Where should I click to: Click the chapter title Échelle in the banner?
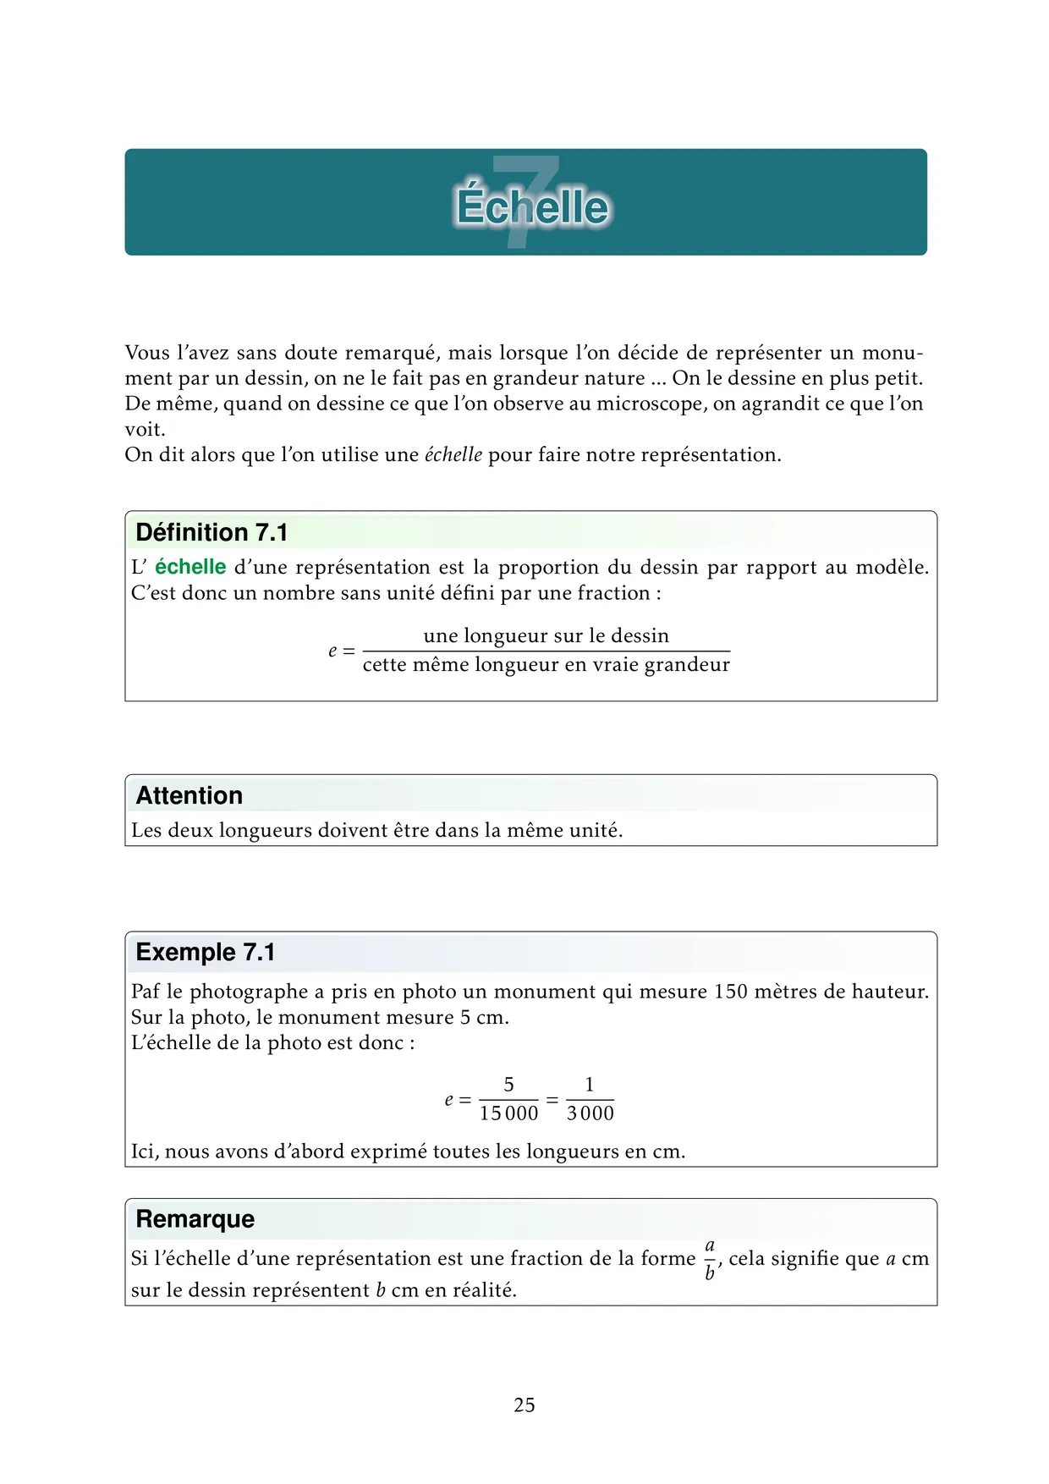pos(532,206)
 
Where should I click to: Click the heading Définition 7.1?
pos(211,532)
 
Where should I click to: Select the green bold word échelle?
pos(190,567)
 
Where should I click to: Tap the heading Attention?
pos(189,795)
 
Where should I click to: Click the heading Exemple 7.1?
pos(206,952)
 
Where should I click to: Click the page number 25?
pos(524,1405)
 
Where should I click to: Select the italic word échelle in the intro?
pos(453,455)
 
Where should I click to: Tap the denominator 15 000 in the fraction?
pos(508,1113)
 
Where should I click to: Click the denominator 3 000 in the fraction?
pos(590,1113)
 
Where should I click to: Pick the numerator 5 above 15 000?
pos(508,1085)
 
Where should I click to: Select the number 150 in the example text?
pos(731,992)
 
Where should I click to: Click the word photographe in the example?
pos(249,992)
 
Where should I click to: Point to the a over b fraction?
pos(710,1259)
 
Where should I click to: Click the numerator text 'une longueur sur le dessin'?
pos(546,635)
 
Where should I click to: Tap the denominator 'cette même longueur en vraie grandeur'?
pos(546,665)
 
